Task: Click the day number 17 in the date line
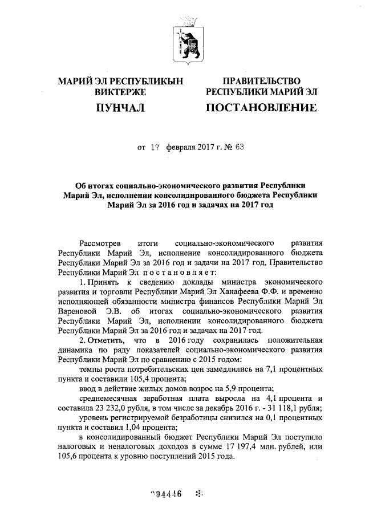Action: point(154,147)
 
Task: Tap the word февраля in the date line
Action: point(181,147)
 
